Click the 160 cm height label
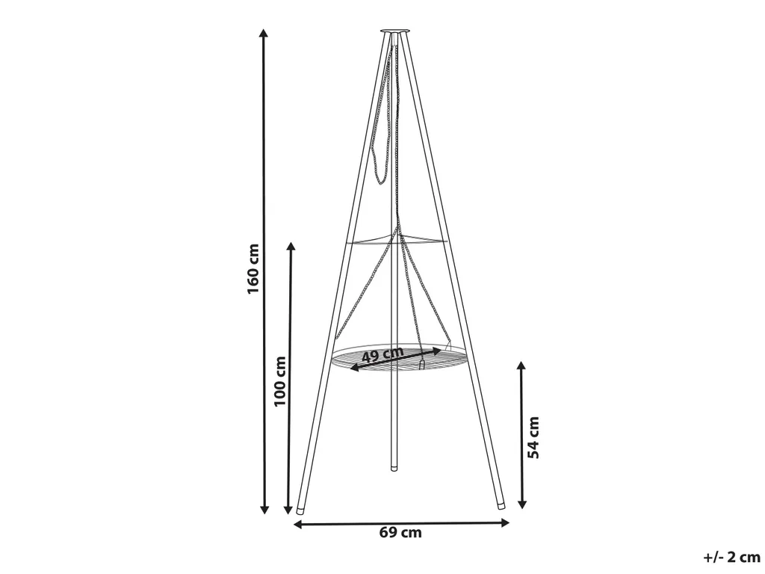253,268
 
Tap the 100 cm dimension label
279,381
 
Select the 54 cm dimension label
533,437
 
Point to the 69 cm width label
400,532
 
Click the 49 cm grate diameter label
383,354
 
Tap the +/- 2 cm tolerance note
731,557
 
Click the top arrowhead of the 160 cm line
264,33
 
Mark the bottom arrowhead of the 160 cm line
264,509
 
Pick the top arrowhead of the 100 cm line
291,247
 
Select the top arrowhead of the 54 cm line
521,366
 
